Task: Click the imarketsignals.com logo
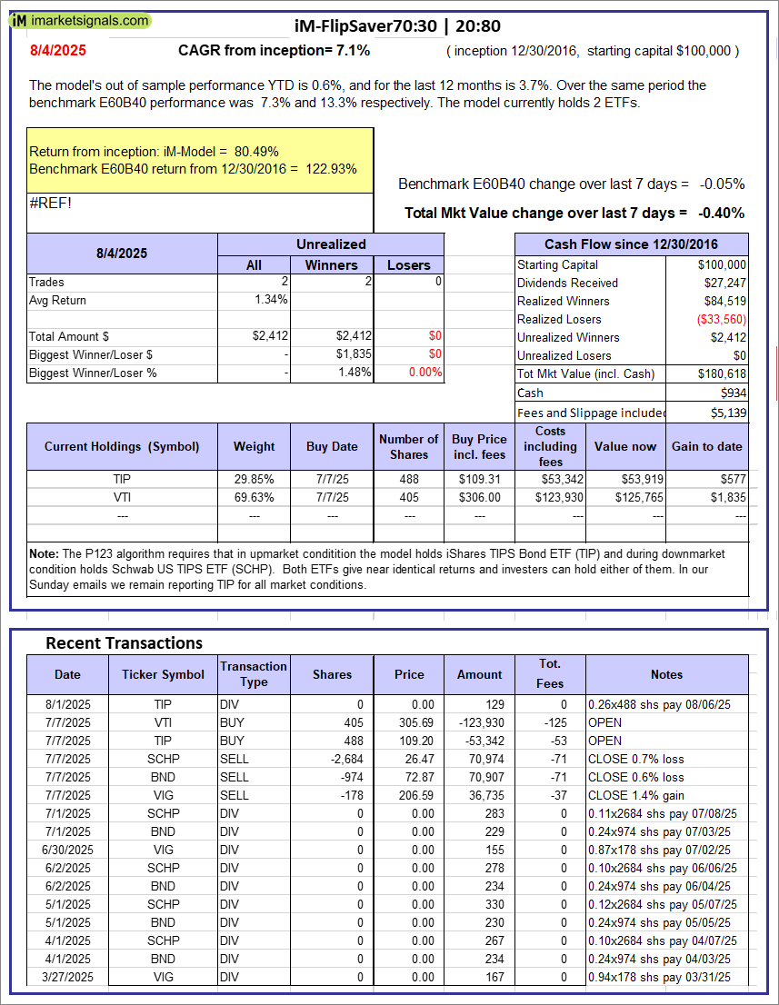(81, 20)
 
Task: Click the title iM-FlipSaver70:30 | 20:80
(398, 25)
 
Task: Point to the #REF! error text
(50, 203)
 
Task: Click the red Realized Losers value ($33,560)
(720, 319)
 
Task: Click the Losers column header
(408, 264)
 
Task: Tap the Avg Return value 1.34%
(272, 300)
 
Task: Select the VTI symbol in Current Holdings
(122, 497)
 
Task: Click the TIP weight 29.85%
(254, 479)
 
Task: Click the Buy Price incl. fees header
(479, 446)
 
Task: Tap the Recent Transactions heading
(124, 642)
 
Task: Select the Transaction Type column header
(254, 674)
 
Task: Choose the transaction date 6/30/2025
(67, 850)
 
